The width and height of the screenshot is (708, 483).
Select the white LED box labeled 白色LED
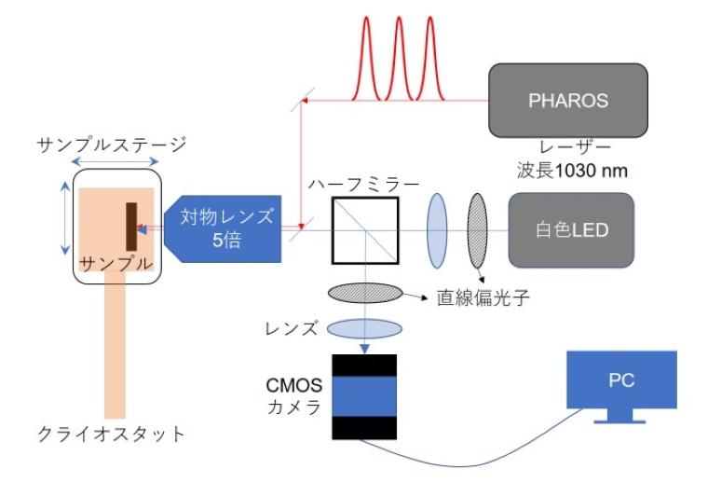tap(570, 229)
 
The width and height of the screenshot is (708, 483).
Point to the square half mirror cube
tap(364, 229)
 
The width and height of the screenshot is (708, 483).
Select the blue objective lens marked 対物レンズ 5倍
tap(224, 228)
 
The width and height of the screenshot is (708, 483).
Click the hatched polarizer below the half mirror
tap(364, 294)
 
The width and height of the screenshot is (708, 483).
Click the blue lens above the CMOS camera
tap(364, 328)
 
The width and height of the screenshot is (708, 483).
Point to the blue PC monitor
tap(622, 383)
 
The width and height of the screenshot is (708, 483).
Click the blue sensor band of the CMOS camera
tap(364, 395)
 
